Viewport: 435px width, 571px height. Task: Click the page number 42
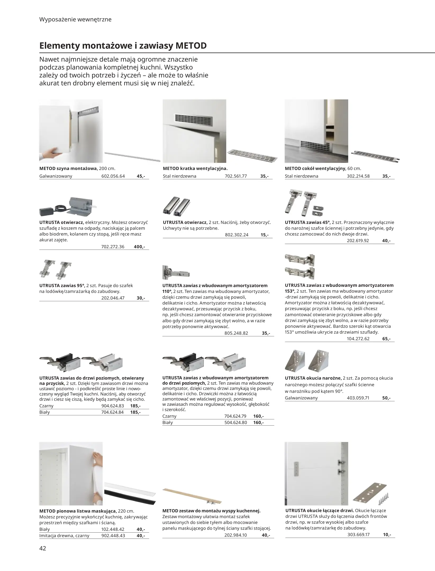click(43, 548)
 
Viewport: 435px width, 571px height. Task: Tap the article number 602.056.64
click(113, 176)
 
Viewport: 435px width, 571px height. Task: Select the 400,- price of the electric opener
click(139, 247)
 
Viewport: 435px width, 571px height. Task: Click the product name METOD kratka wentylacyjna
click(195, 168)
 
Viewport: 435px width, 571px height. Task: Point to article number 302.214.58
click(358, 176)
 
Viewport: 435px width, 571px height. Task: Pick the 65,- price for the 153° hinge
click(386, 339)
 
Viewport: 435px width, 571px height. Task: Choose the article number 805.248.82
click(236, 333)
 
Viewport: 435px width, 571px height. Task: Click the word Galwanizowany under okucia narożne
click(301, 398)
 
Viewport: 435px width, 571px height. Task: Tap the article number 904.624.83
click(112, 406)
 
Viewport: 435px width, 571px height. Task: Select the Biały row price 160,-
click(258, 422)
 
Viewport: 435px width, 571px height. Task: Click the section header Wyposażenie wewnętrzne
click(75, 20)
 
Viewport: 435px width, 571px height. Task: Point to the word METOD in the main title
click(191, 46)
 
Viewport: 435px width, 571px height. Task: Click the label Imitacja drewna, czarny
click(64, 536)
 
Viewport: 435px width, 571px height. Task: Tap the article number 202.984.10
click(235, 535)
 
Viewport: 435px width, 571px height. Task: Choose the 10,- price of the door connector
click(387, 534)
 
